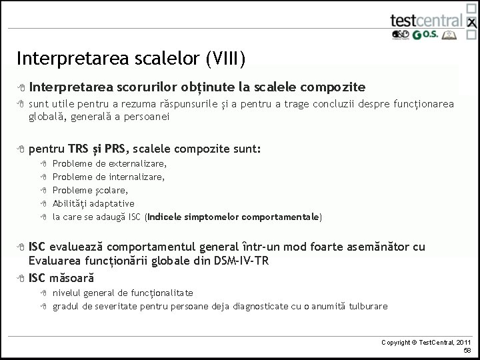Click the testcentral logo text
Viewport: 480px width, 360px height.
(425, 21)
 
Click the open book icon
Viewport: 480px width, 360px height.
(453, 35)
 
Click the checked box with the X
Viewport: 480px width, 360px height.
(472, 23)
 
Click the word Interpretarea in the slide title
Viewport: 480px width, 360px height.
(63, 59)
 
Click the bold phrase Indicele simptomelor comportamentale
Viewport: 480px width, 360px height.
(233, 217)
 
